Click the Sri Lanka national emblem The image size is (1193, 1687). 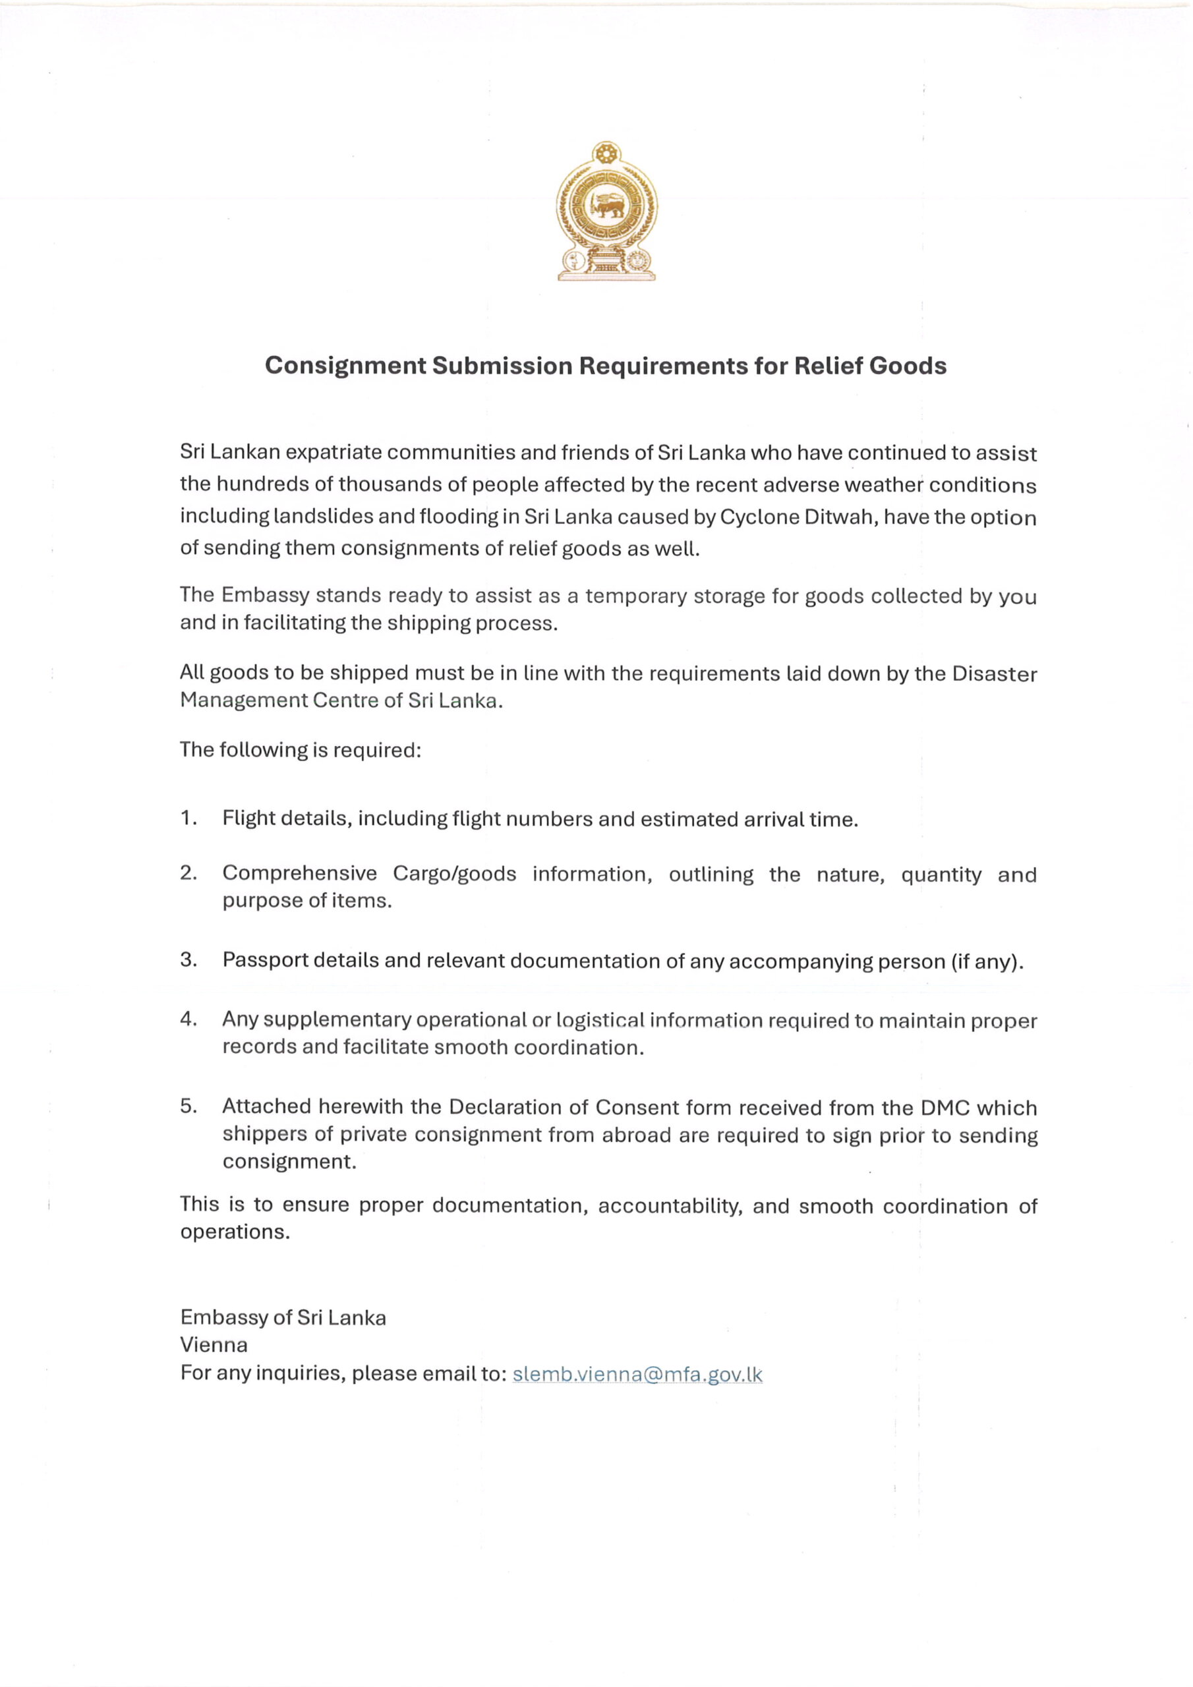point(606,211)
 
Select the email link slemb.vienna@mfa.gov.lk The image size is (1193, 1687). point(637,1374)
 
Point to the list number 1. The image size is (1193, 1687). point(187,818)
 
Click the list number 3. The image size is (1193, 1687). point(187,959)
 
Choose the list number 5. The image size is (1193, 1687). point(187,1106)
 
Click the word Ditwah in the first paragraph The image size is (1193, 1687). point(838,517)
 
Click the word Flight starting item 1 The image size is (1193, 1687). point(250,818)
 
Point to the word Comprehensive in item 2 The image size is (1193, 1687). point(299,874)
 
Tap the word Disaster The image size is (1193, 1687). point(994,673)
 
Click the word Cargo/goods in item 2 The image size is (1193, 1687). point(454,874)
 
